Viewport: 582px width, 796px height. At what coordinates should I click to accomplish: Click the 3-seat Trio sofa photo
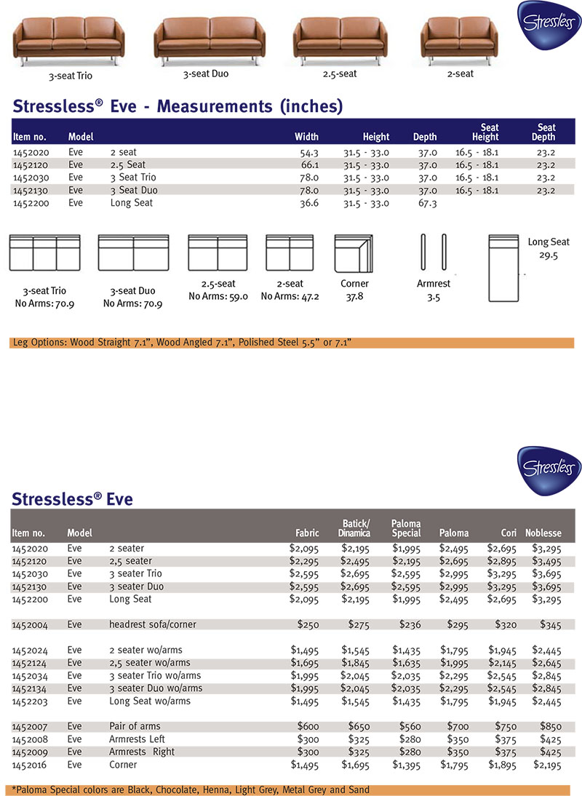pos(65,40)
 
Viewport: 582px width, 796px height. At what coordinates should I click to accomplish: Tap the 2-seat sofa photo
pos(459,39)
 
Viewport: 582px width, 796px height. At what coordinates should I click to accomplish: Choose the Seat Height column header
pos(485,132)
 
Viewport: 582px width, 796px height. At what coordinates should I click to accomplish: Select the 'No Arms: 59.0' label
pos(218,297)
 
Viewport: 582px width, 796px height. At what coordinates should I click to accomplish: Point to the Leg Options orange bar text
pos(183,342)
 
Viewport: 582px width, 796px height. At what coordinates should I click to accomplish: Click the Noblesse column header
pos(543,533)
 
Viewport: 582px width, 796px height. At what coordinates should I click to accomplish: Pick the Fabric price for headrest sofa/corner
pos(308,624)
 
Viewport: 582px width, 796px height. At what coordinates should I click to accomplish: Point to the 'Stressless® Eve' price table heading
pos(72,499)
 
